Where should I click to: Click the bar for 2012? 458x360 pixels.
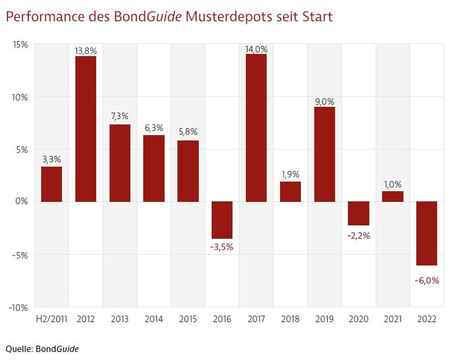[x=86, y=129]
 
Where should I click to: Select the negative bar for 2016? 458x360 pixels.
[x=222, y=220]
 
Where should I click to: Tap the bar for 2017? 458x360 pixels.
[x=256, y=128]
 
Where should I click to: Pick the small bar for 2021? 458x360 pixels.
[x=393, y=196]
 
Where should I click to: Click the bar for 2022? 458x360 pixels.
[x=426, y=233]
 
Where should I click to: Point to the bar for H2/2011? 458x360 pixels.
[x=51, y=184]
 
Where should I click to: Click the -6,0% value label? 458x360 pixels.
[x=426, y=280]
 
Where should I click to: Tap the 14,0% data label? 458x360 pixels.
[x=256, y=49]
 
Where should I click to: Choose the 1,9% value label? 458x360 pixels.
[x=290, y=174]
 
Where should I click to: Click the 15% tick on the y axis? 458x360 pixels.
[x=20, y=44]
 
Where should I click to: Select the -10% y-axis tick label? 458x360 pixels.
[x=19, y=307]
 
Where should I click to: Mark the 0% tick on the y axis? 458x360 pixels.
[x=22, y=202]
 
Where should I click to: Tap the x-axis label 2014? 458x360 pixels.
[x=154, y=319]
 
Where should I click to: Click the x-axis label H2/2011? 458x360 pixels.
[x=51, y=319]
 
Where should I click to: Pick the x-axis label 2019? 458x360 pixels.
[x=324, y=319]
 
